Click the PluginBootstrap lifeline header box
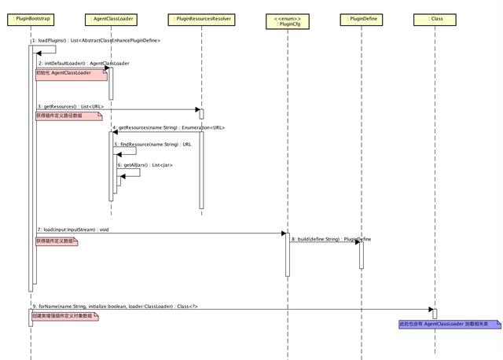coord(31,17)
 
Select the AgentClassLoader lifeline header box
coord(110,17)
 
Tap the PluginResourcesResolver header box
coord(201,17)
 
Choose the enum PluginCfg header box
coord(286,20)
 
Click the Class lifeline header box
coord(434,17)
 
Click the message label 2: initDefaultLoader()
coord(83,63)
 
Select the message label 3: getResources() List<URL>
coord(70,106)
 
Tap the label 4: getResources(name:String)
coord(168,127)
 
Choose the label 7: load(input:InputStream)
coord(72,230)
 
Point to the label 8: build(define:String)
coord(331,238)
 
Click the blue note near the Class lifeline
coord(450,324)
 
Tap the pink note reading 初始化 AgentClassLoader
coord(70,74)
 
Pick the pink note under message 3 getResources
coord(68,116)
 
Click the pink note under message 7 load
coord(56,241)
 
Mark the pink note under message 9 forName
coord(65,316)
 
